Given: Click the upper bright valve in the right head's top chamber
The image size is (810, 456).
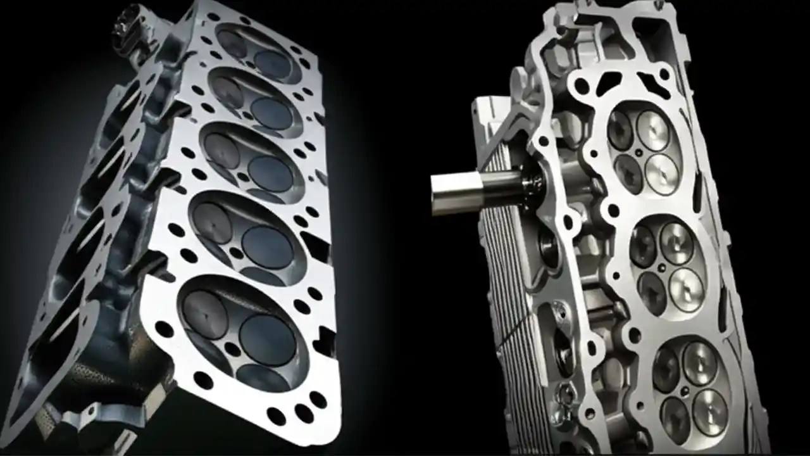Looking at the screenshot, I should click(x=652, y=130).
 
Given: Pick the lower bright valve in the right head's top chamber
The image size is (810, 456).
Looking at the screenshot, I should click(x=661, y=174).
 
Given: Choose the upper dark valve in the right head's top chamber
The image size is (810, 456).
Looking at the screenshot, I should click(x=620, y=130).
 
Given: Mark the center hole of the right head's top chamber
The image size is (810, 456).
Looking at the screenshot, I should click(x=640, y=153).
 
